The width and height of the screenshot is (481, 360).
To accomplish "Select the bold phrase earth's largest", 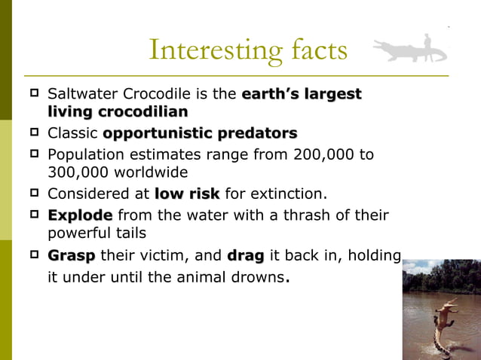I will coord(302,95).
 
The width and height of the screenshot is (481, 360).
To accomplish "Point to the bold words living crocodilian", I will coord(118,111).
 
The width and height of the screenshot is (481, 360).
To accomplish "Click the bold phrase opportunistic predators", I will coord(200,134).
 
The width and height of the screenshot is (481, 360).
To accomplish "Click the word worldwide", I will coord(150,172).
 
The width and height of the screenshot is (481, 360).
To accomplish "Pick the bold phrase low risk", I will coord(187,194).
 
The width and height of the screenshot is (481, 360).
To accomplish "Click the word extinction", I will coord(290,194).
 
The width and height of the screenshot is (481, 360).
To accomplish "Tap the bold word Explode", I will coord(80,215).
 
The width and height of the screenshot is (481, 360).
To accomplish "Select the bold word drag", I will coord(245,255).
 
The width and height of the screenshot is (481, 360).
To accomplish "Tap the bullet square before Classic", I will coord(34,133).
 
